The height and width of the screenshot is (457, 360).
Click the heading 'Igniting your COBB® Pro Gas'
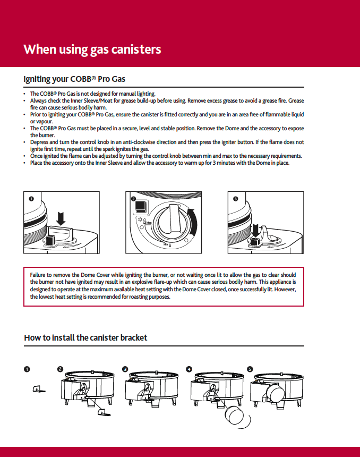click(x=74, y=79)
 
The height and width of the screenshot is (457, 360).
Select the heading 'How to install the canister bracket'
click(x=85, y=338)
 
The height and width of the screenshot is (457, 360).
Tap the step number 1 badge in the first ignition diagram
click(x=31, y=199)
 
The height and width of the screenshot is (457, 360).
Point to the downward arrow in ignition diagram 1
click(x=61, y=218)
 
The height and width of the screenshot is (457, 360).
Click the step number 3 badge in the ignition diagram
click(x=235, y=199)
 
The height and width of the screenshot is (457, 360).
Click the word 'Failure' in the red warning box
click(x=40, y=275)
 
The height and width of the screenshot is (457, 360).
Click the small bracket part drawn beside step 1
click(x=38, y=388)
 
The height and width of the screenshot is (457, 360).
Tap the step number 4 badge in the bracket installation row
click(x=189, y=369)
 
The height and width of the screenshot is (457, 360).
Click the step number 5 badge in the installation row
click(x=250, y=369)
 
